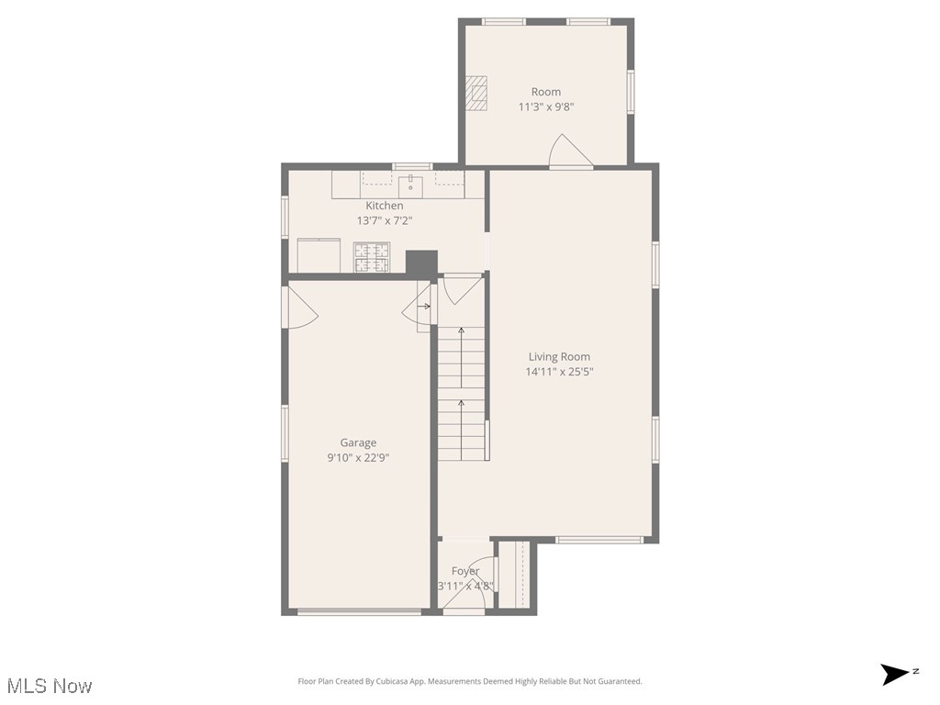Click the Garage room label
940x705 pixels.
pyautogui.click(x=358, y=442)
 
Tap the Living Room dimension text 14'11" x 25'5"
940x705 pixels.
pyautogui.click(x=558, y=372)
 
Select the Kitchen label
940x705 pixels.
pyautogui.click(x=384, y=206)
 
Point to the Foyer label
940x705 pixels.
pyautogui.click(x=465, y=571)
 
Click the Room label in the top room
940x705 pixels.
pyautogui.click(x=546, y=92)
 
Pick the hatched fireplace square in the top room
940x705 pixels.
pyautogui.click(x=476, y=93)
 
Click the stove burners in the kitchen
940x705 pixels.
pyautogui.click(x=372, y=257)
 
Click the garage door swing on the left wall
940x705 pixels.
pyautogui.click(x=302, y=307)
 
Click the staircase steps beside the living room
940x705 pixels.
pyautogui.click(x=461, y=395)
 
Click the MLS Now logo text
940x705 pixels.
pyautogui.click(x=50, y=686)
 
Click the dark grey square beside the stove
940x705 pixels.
pyautogui.click(x=421, y=263)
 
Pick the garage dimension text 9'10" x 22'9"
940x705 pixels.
pyautogui.click(x=358, y=457)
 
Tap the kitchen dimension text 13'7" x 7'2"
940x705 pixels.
pyautogui.click(x=384, y=220)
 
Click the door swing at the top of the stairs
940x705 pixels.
pyautogui.click(x=459, y=290)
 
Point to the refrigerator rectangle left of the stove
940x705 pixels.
pyautogui.click(x=319, y=255)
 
